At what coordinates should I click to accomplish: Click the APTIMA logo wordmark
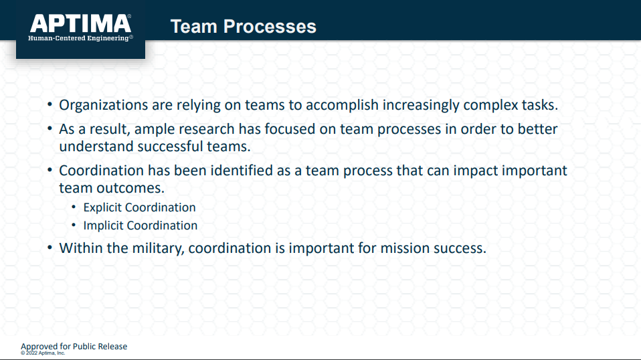[80, 23]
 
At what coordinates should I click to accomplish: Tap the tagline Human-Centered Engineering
[80, 38]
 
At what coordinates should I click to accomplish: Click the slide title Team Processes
[244, 27]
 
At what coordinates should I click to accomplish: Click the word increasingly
[421, 105]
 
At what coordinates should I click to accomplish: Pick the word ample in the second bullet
[155, 130]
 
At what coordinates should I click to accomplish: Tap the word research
[207, 129]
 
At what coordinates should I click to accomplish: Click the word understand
[96, 147]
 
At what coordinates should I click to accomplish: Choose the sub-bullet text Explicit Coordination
[139, 207]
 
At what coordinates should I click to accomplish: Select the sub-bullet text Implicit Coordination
[141, 226]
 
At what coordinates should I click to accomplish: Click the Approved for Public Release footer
[74, 347]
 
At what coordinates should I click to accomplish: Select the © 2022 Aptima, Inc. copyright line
[43, 353]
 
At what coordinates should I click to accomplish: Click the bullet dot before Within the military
[50, 247]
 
